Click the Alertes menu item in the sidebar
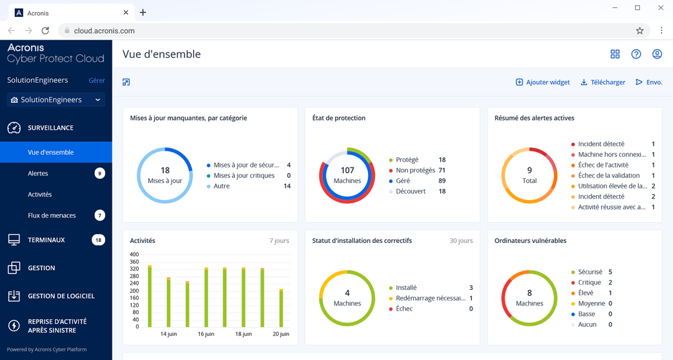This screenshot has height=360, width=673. [x=38, y=174]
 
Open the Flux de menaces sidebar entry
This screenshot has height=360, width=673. [x=52, y=215]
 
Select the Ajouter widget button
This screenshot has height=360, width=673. [x=542, y=82]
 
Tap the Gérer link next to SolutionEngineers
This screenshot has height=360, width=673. [x=97, y=80]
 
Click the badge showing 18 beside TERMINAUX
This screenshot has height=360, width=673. [x=98, y=240]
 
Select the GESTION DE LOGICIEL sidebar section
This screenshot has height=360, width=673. [x=61, y=296]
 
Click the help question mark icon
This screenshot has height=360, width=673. [x=636, y=55]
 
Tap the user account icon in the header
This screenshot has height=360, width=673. [x=657, y=55]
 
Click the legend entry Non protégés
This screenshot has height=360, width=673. [x=415, y=170]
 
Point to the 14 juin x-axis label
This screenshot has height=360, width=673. [x=168, y=334]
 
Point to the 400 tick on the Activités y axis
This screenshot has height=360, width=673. [x=134, y=255]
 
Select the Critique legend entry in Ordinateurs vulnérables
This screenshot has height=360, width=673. [x=590, y=283]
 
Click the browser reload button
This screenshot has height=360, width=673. [x=45, y=31]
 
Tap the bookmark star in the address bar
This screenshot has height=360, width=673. [x=639, y=31]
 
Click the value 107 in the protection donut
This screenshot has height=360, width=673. [x=347, y=170]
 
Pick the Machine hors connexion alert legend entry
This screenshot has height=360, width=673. [x=611, y=155]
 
